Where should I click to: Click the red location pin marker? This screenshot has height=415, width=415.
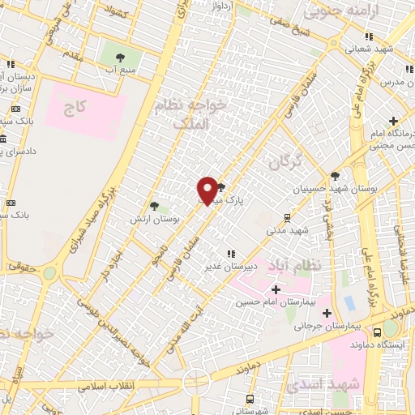pyautogui.click(x=207, y=190)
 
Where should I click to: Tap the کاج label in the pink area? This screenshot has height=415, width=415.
pyautogui.click(x=75, y=108)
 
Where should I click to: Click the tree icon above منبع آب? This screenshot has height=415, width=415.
pyautogui.click(x=120, y=58)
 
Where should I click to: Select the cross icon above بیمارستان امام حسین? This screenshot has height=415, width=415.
pyautogui.click(x=276, y=289)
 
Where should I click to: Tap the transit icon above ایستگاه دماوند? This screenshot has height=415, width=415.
pyautogui.click(x=377, y=332)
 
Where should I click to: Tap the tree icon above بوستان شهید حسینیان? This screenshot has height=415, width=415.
pyautogui.click(x=335, y=175)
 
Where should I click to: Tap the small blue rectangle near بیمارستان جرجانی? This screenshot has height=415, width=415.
pyautogui.click(x=349, y=303)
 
